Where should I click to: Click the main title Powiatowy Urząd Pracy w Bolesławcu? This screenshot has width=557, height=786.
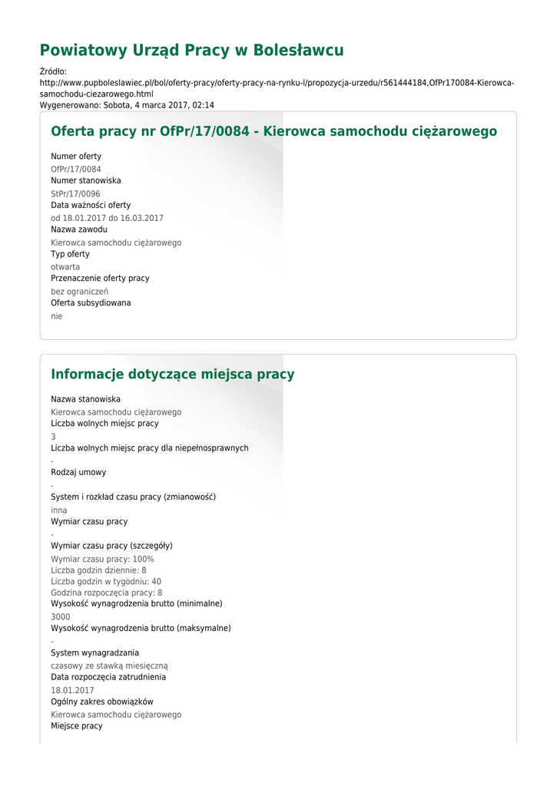coord(191,51)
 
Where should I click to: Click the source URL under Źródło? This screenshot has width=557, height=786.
coord(277,88)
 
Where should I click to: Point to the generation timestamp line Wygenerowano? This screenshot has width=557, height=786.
coord(127,105)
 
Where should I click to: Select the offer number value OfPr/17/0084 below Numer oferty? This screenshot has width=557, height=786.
coord(76,169)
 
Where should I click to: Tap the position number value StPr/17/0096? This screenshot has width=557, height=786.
coord(75,193)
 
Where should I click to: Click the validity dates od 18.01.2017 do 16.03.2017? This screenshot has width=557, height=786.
coord(107,218)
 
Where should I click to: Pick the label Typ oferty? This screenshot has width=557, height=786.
coord(70,254)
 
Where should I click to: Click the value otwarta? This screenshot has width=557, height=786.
coord(65,267)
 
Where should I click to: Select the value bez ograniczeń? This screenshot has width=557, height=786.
coord(79,292)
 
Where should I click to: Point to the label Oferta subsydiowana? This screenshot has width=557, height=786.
coord(91,303)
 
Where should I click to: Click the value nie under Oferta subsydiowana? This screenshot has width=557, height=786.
coord(57,316)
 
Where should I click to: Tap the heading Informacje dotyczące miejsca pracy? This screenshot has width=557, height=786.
coord(172,375)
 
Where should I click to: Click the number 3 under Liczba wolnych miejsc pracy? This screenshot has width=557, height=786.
coord(54,437)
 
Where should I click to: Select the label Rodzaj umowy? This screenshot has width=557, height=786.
coord(78,473)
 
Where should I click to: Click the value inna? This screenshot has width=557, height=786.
coord(59,510)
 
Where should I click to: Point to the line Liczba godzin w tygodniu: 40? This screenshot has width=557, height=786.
coord(106,582)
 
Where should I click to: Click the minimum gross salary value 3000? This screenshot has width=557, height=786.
coord(61,616)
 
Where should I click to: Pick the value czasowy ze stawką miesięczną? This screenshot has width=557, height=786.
coord(109,665)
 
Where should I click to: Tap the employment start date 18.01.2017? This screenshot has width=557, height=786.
coord(72,690)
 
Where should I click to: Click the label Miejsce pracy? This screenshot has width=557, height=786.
coord(76,726)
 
